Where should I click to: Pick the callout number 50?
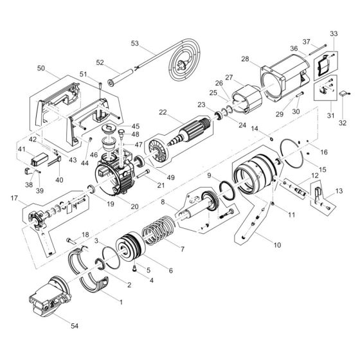41,67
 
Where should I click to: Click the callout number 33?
333,33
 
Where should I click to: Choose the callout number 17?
15,199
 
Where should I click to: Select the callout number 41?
21,149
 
